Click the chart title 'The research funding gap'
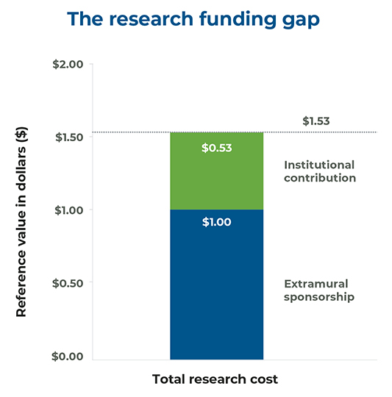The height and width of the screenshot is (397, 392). [196, 20]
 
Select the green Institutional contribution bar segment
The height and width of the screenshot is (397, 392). [216, 176]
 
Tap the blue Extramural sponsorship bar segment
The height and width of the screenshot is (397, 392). [216, 294]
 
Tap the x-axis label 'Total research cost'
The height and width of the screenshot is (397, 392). [215, 380]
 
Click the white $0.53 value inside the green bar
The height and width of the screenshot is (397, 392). [216, 148]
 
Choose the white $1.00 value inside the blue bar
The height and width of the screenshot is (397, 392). [216, 221]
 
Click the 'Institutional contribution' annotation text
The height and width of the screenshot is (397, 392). [319, 171]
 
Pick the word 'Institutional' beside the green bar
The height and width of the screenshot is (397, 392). [319, 165]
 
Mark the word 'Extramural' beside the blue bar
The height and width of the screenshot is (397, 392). [315, 283]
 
